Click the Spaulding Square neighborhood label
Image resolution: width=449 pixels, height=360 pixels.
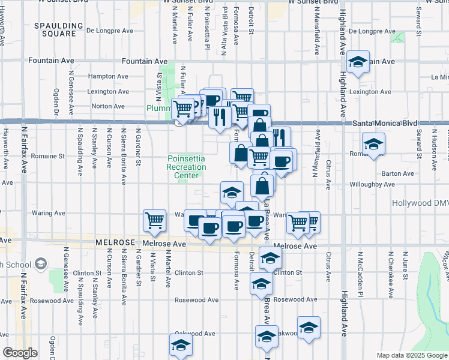coord(59,29)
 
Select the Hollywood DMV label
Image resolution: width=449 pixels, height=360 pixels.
coord(420,203)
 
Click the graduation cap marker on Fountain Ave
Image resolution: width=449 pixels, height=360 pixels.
coord(358,62)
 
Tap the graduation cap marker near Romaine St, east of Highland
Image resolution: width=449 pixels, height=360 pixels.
coord(373,144)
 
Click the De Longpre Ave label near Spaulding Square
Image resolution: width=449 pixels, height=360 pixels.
coord(110,29)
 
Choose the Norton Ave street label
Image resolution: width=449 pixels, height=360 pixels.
coord(108,106)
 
